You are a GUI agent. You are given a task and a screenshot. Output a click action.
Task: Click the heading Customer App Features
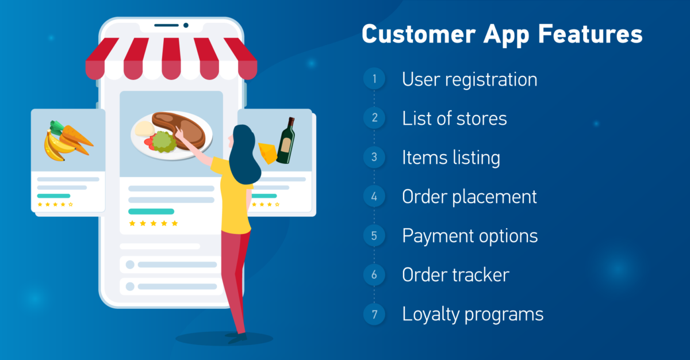(x=502, y=35)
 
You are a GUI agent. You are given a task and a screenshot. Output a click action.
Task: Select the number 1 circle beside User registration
(x=374, y=79)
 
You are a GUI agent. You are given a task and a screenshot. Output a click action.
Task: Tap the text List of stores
(x=454, y=118)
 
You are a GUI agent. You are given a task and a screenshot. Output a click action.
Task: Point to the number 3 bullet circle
(x=374, y=158)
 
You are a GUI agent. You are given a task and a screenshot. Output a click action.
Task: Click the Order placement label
(x=469, y=197)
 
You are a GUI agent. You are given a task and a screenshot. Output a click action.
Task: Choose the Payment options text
(x=470, y=236)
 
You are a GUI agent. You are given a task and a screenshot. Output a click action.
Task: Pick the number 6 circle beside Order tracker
(x=374, y=275)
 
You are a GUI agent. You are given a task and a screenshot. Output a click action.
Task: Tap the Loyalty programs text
(x=473, y=315)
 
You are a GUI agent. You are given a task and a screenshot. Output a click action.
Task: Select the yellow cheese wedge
(x=266, y=153)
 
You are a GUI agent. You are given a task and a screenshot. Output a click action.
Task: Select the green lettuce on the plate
(x=163, y=141)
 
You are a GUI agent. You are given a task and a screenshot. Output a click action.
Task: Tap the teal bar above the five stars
(x=151, y=211)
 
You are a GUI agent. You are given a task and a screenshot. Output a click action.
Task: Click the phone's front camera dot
(x=186, y=25)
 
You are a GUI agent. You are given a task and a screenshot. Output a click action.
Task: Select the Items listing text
(x=451, y=158)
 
